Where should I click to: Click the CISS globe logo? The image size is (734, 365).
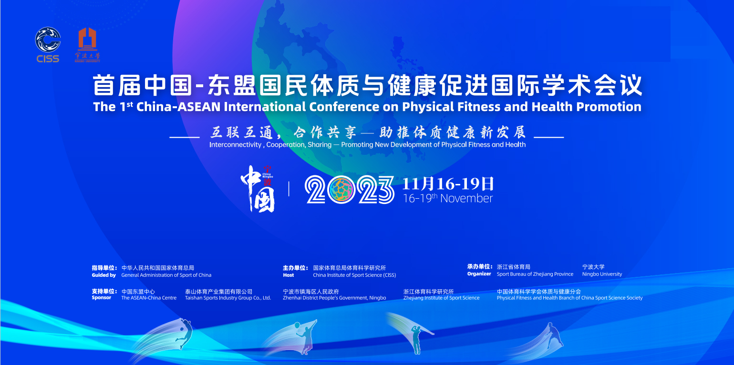[48, 40]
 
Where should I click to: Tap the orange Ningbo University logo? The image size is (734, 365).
[87, 44]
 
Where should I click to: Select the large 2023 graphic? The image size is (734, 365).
[350, 190]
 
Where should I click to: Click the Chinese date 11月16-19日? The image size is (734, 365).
[448, 183]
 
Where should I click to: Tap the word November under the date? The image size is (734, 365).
[466, 198]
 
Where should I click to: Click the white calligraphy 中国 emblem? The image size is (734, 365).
[258, 189]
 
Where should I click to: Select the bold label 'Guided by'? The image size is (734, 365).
[104, 275]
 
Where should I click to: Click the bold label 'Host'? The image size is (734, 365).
[289, 275]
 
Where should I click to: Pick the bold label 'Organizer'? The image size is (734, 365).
[479, 274]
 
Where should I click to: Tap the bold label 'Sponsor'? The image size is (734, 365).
[102, 297]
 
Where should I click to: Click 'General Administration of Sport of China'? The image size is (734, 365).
[166, 275]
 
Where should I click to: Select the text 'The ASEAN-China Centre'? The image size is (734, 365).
[149, 298]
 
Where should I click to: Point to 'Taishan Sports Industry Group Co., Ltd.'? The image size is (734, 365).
[228, 298]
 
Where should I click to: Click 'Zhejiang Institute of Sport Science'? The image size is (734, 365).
[441, 298]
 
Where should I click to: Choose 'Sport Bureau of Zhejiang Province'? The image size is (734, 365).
[535, 274]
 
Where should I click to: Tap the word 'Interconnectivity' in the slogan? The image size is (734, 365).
[235, 145]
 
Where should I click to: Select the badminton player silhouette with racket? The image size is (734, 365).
[305, 337]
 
